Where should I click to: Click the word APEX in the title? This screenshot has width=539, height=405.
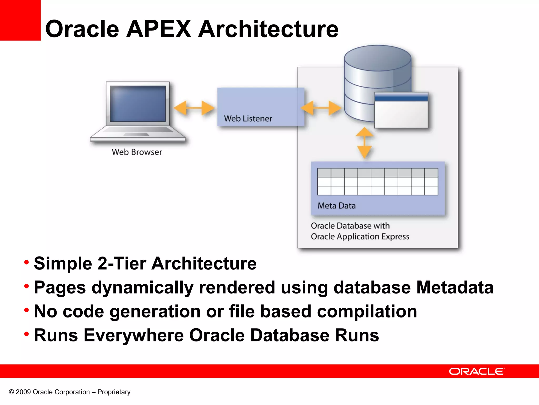159,29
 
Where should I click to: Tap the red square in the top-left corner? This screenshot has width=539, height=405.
20,20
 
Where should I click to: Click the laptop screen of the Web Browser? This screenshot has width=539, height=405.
138,104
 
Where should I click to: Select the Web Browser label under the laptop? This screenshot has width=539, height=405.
137,152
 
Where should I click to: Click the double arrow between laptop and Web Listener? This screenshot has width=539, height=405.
194,108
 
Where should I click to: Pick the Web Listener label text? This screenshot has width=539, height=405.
248,119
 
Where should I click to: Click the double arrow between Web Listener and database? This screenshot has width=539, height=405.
321,108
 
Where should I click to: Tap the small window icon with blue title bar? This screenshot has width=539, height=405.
401,110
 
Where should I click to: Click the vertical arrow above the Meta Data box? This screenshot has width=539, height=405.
365,143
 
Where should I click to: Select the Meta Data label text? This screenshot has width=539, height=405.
336,206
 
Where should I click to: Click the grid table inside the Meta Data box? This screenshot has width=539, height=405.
377,182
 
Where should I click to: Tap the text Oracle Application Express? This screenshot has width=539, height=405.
360,237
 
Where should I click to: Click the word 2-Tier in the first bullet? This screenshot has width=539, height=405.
122,263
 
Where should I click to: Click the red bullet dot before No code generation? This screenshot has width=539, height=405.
26,310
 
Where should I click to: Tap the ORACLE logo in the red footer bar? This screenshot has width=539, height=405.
477,372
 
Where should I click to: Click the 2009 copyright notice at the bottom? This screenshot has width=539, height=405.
69,392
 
